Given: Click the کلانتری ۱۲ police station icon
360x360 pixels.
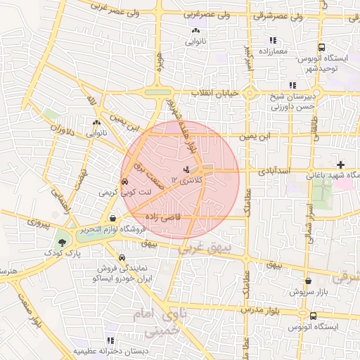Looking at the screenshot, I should tap(186, 169).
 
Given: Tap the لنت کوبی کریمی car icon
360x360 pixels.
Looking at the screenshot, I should tap(124, 181).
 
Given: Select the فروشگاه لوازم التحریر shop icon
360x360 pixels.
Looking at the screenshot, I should tap(113, 218).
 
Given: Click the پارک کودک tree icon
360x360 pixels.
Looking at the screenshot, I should tap(63, 242).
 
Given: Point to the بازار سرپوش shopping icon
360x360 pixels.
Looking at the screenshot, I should tap(289, 281).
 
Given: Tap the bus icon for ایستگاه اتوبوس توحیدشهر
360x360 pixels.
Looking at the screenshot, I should tap(321, 47).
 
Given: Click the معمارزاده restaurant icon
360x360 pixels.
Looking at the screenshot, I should tap(273, 40).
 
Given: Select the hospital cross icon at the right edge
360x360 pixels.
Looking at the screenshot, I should tap(341, 164).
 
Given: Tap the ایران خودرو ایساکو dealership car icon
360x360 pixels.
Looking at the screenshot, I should tap(123, 257).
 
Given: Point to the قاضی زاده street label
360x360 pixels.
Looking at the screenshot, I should tap(162, 217).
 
